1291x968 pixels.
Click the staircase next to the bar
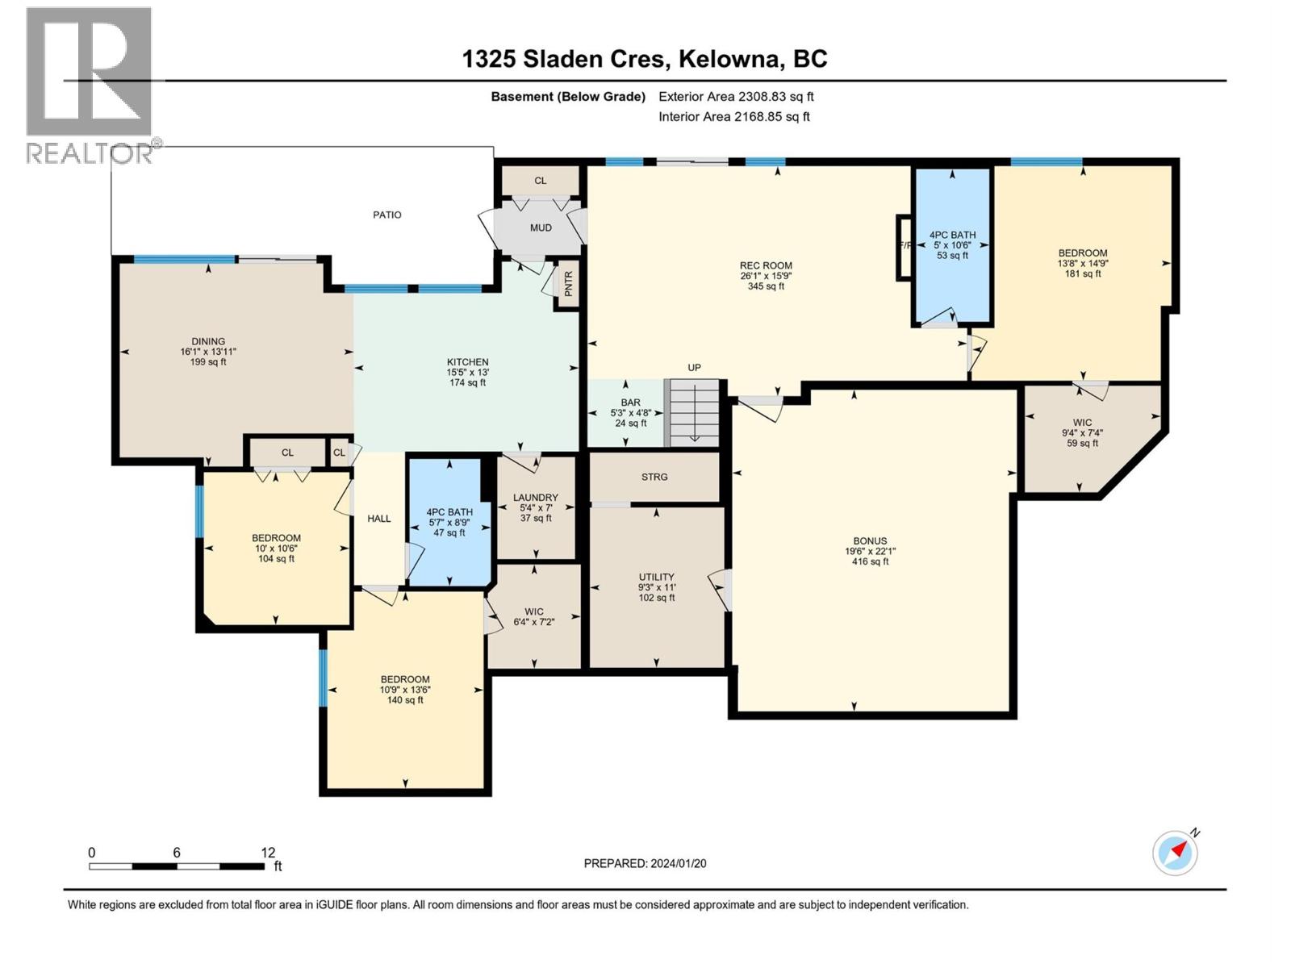(692, 412)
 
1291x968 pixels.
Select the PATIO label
(387, 215)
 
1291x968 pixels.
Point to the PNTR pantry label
(568, 285)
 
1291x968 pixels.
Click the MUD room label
(541, 227)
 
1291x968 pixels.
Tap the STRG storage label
(654, 477)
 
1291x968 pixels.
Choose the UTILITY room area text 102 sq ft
(656, 598)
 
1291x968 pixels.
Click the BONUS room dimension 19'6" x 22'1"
(870, 551)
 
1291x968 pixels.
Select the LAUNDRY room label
(535, 497)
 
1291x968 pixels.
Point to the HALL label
(378, 519)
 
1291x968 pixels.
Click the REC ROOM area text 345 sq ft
(766, 286)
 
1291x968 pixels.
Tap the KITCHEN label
(467, 362)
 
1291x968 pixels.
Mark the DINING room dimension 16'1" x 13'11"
(208, 352)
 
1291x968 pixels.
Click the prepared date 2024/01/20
(678, 863)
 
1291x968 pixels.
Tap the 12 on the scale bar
(268, 852)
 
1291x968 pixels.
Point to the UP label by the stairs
(694, 367)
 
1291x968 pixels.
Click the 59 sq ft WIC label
(1082, 443)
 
